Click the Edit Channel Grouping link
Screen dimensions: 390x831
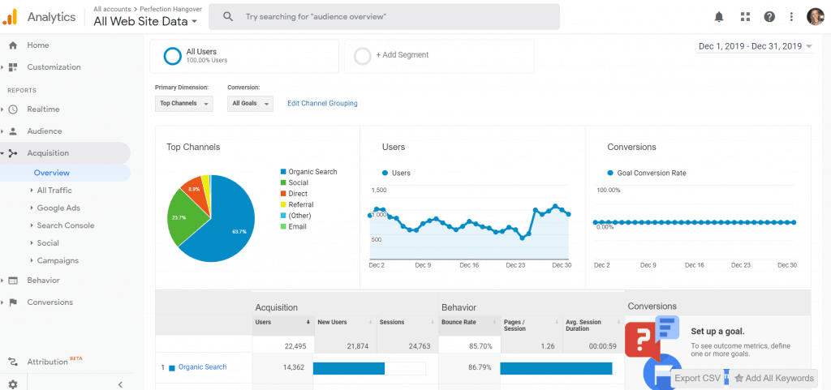[x=322, y=104]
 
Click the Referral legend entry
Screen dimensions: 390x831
[x=300, y=205]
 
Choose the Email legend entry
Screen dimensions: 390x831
[x=297, y=227]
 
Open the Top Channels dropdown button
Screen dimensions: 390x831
[x=183, y=104]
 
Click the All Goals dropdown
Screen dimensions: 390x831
[x=250, y=104]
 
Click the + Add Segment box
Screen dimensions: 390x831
[x=439, y=55]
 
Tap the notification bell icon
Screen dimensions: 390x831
[x=719, y=16]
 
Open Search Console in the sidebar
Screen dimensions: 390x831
[x=66, y=225]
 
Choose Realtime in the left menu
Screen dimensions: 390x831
[x=43, y=109]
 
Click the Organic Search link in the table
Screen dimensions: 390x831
[x=202, y=367]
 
